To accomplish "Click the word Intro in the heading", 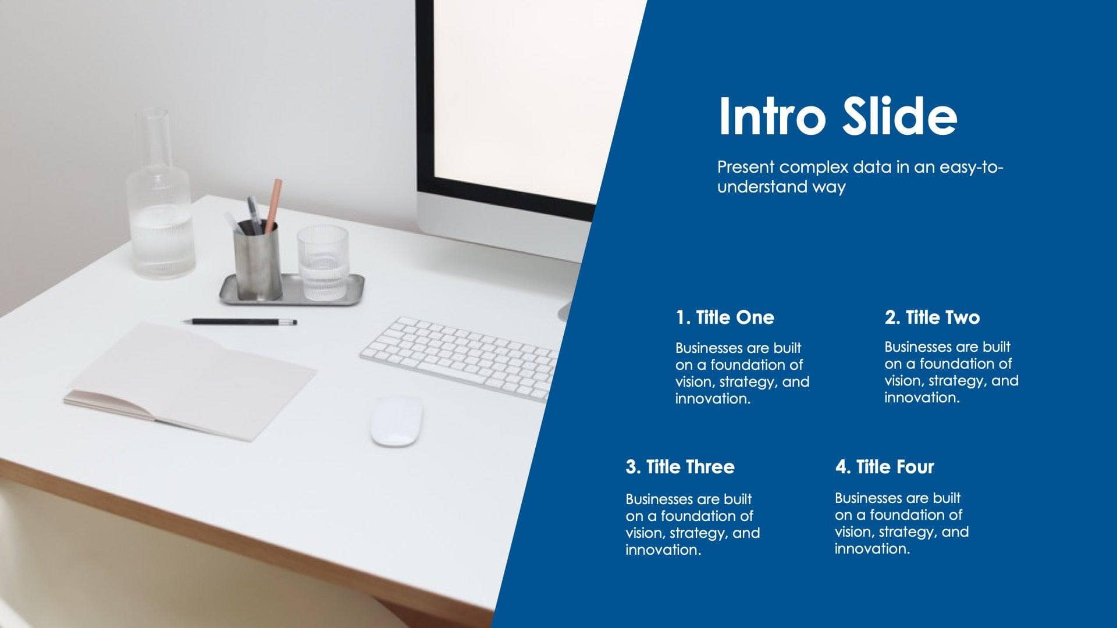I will coord(772,116).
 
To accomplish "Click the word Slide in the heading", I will coord(899,116).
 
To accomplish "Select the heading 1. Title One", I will coord(725,317).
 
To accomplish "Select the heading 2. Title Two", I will coord(932,317).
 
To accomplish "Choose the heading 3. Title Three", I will coord(680,467).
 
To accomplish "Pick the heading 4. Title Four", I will coord(884,467).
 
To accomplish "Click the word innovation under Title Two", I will coord(922,398).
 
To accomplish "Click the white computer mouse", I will coord(397,421).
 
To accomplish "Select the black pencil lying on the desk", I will coord(239,322).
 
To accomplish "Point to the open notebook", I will coord(192,378).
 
